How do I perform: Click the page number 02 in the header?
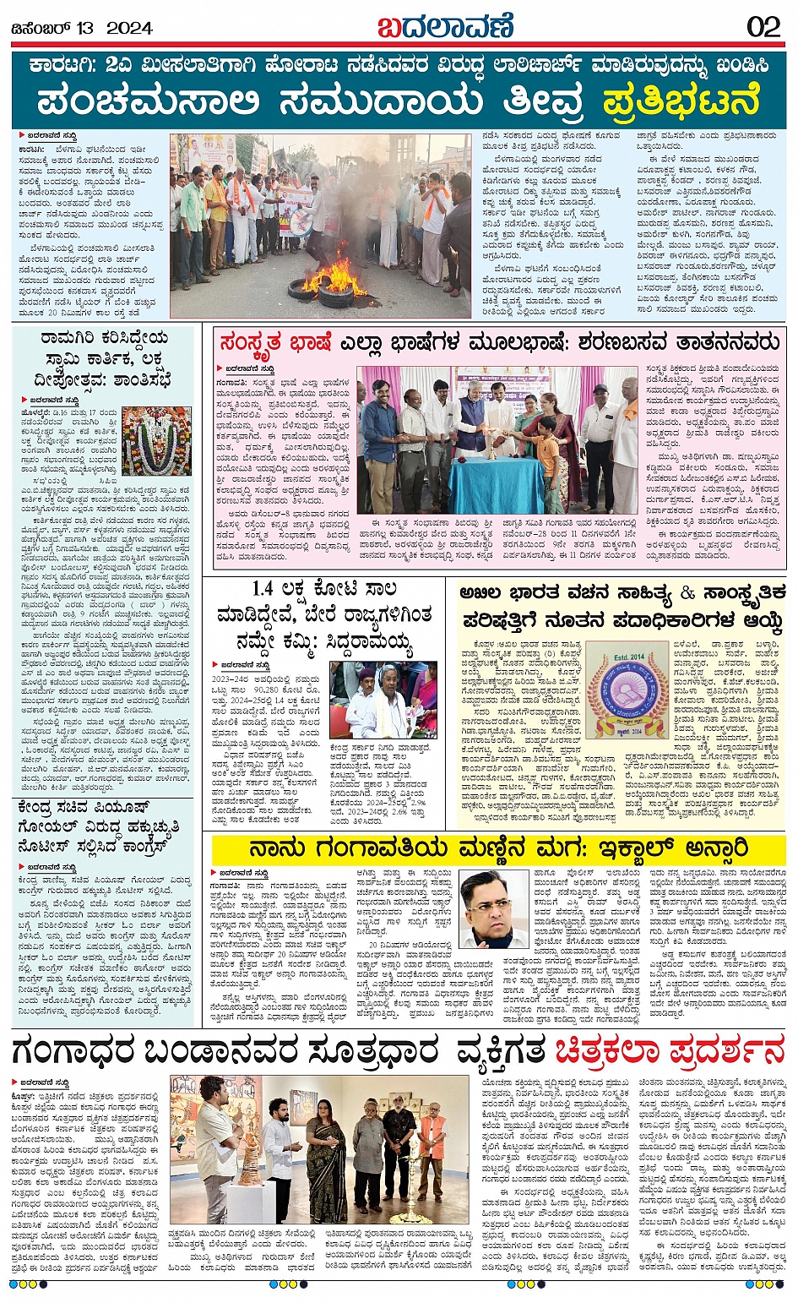763,27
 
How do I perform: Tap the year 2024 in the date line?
129,28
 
